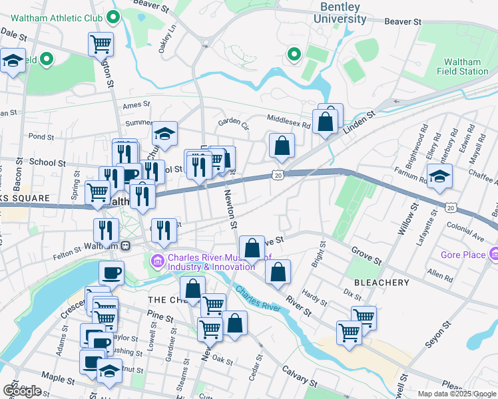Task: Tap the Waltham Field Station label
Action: pos(462,66)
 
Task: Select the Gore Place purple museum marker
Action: pos(493,254)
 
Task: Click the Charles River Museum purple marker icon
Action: pos(158,259)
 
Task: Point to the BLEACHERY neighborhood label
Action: pos(381,283)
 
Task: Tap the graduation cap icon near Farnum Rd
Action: pos(439,177)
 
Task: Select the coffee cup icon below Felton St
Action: pos(111,272)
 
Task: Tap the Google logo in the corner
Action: pos(21,390)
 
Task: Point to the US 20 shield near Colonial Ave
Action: pos(451,208)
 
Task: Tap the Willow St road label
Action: pos(403,219)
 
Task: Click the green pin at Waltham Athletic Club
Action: pos(114,17)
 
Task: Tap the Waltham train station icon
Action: pos(124,245)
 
